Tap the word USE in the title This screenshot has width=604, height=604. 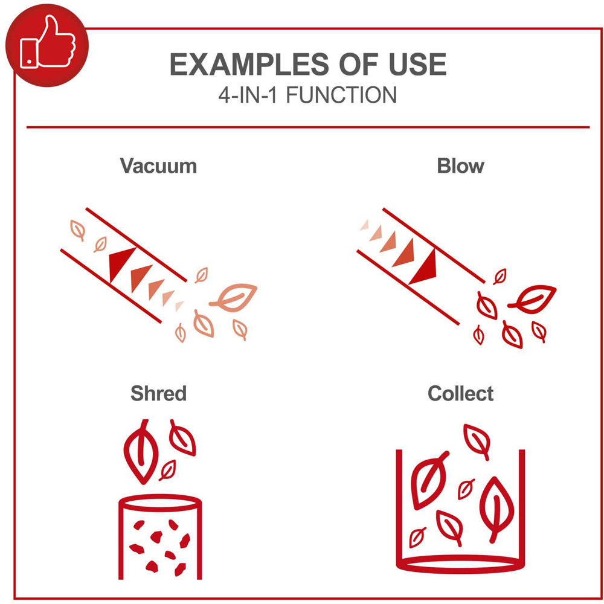417,65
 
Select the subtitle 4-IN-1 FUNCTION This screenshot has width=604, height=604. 307,95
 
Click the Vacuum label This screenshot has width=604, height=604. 158,166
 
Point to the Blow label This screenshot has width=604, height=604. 460,166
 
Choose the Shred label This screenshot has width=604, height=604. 158,393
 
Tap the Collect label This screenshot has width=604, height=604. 460,393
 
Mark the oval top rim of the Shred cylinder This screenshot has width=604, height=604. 160,503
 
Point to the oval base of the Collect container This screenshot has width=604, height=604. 460,564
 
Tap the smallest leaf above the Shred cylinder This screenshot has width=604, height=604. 167,470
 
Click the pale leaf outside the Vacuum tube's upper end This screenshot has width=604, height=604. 78,230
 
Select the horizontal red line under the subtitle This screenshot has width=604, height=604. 308,127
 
